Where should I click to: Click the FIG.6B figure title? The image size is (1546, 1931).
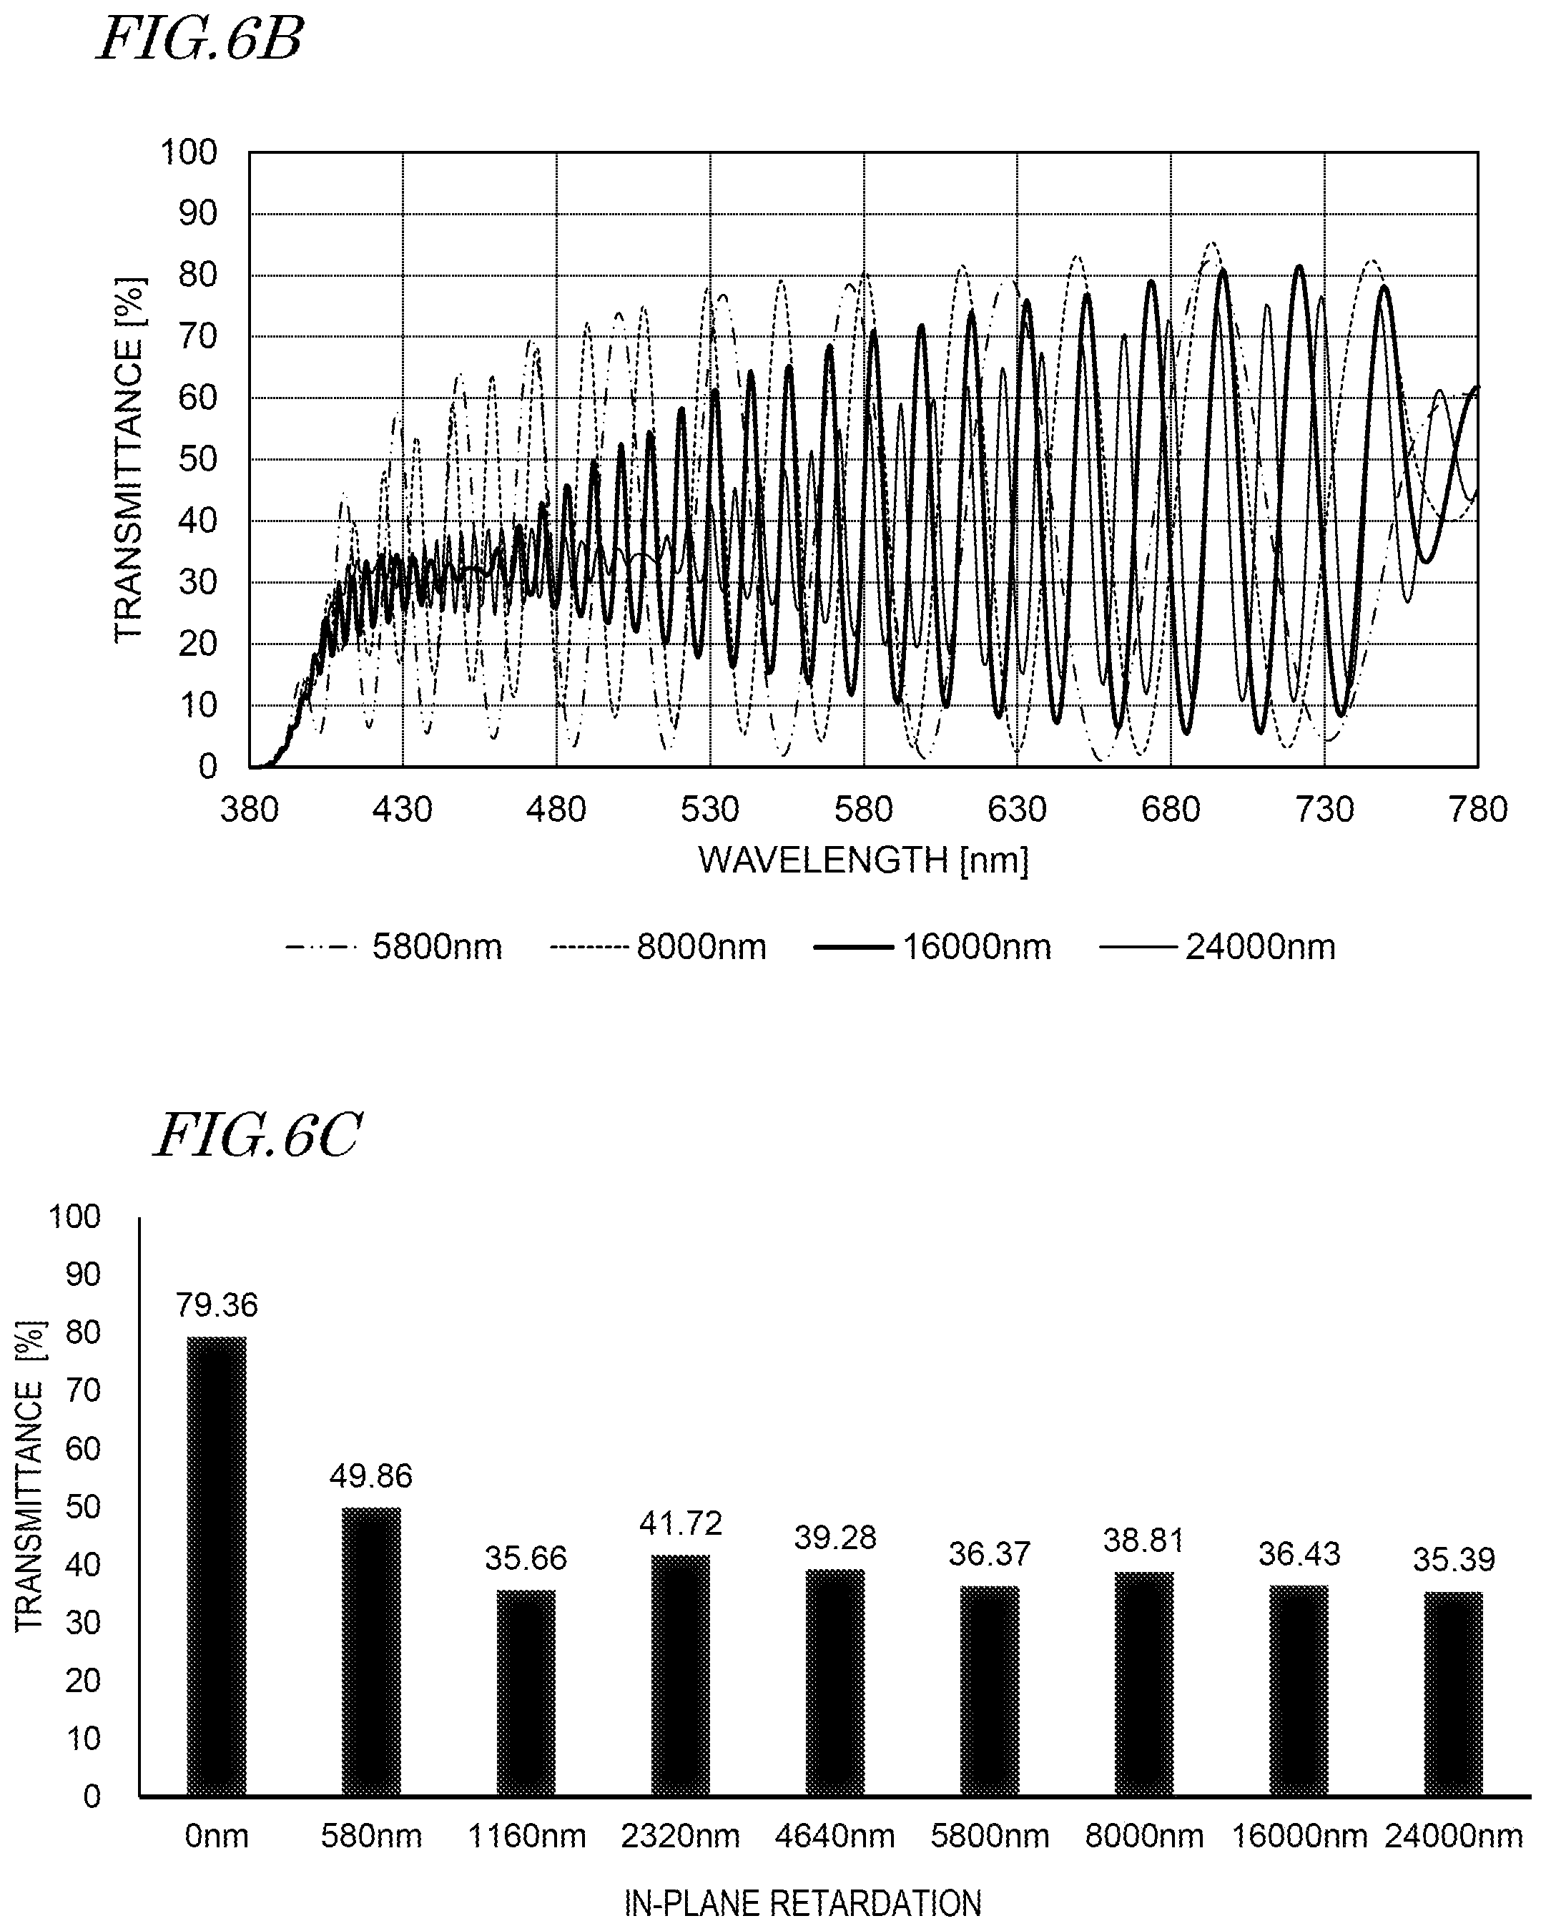coord(200,40)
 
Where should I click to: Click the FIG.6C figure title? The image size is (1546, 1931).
coord(258,1136)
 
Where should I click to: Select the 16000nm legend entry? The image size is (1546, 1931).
coord(932,948)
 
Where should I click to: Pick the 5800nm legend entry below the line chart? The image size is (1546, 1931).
coord(394,948)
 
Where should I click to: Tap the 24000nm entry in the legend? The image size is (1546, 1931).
coord(1217,948)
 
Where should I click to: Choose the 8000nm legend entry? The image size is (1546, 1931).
coord(659,948)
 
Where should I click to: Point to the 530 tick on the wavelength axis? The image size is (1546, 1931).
coord(709,810)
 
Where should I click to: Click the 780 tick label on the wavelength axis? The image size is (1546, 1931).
coord(1478,810)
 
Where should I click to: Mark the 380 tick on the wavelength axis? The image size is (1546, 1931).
coord(249,810)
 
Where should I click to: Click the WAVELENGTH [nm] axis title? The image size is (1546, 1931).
coord(864,860)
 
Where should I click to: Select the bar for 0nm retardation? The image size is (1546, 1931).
coord(217,1566)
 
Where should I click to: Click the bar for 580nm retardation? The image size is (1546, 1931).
coord(371,1651)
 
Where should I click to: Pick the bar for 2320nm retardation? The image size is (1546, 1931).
coord(681,1676)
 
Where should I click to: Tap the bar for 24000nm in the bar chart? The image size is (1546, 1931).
coord(1454,1694)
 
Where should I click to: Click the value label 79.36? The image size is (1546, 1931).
coord(217,1306)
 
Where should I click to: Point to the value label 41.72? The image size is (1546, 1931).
coord(681,1523)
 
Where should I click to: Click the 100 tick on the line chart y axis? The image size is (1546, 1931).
coord(189,152)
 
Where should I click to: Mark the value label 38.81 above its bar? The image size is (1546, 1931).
coord(1144,1541)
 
